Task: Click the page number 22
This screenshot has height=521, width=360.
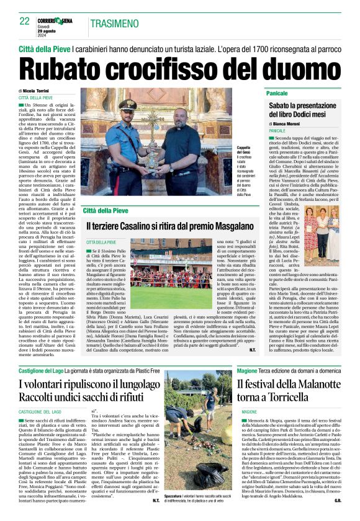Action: (24, 21)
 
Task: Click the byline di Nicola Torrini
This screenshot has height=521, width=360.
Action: (40, 91)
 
